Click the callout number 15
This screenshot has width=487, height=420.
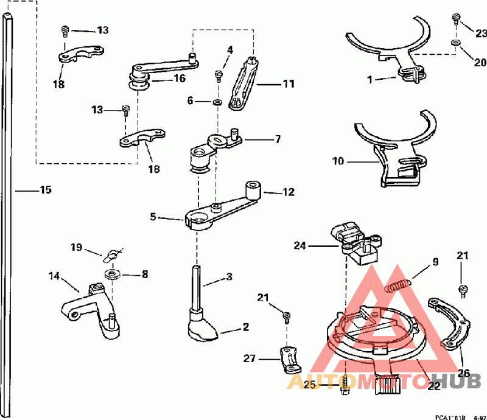point(46,190)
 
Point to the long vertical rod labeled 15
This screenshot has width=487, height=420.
point(7,213)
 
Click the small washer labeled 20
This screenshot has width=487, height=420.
point(455,43)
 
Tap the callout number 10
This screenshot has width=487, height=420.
point(338,161)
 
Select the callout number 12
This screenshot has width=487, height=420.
point(288,192)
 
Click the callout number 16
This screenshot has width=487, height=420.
point(180,79)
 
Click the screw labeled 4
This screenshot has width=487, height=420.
point(218,75)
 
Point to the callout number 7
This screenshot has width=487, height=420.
point(277,139)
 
